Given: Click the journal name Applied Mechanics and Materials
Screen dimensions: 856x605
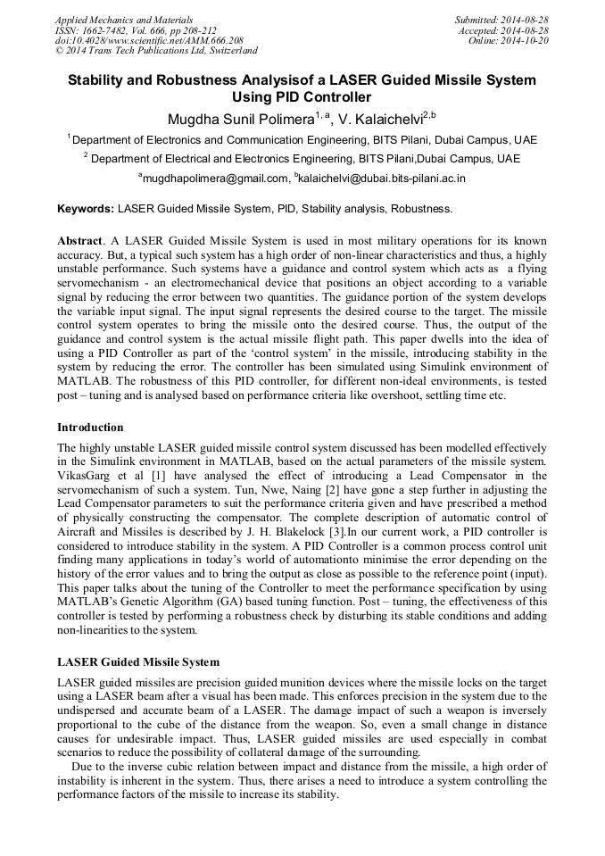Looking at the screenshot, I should (124, 20).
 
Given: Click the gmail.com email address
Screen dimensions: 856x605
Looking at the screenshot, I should (215, 179).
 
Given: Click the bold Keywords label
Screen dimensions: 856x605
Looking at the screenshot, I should (86, 210).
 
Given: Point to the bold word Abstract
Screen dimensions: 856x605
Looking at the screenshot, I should (79, 242).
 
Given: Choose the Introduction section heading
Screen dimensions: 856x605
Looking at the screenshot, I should (90, 428).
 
